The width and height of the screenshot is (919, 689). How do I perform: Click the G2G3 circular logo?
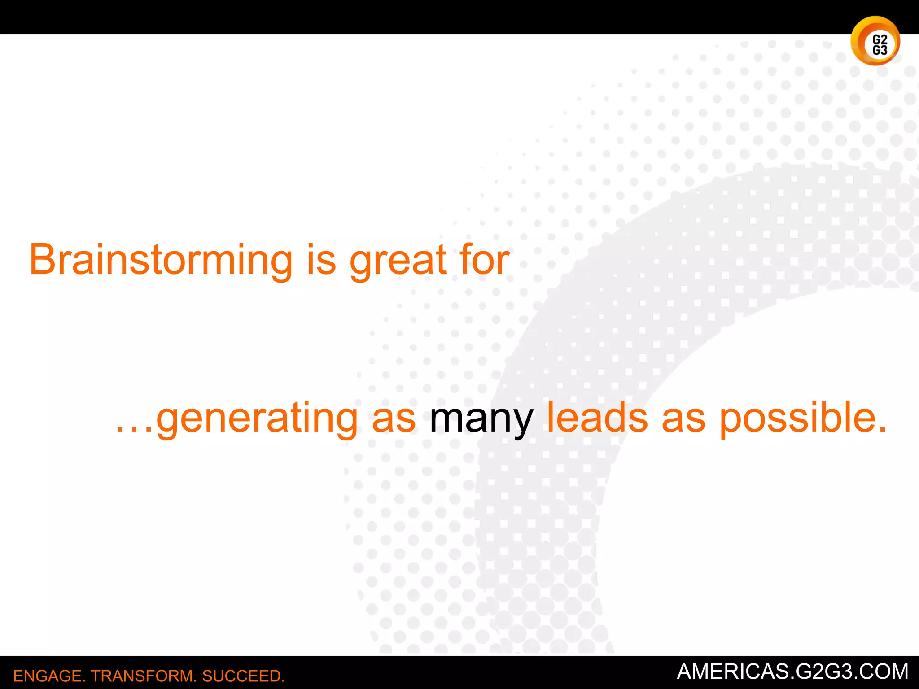tap(875, 41)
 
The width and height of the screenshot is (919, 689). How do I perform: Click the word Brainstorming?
tap(161, 260)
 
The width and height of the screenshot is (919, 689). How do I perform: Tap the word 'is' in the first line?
tap(321, 260)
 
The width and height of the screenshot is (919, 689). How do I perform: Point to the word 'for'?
tap(484, 260)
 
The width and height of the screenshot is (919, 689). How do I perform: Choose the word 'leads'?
tap(597, 418)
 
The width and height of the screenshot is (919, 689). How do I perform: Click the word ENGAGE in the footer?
tap(47, 676)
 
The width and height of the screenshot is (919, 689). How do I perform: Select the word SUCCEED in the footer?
tap(242, 676)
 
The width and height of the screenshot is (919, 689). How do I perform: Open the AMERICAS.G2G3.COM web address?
tap(792, 672)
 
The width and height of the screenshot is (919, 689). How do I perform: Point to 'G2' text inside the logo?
tap(880, 39)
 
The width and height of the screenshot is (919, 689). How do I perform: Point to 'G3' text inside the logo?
tap(880, 50)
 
